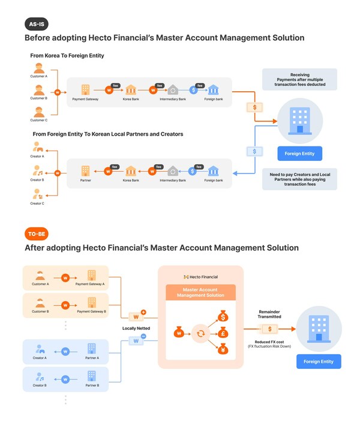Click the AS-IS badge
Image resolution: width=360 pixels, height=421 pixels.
pyautogui.click(x=37, y=24)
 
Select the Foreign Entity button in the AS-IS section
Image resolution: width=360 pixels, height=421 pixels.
pyautogui.click(x=299, y=154)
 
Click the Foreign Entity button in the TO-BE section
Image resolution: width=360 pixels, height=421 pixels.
pyautogui.click(x=319, y=362)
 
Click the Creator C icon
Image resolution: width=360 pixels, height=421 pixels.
pyautogui.click(x=38, y=193)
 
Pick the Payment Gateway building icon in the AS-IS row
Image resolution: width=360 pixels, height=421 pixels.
pyautogui.click(x=85, y=89)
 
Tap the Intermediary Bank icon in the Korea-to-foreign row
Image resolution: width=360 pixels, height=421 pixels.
pyautogui.click(x=172, y=89)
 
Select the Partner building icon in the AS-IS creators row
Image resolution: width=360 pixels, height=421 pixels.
pyautogui.click(x=85, y=171)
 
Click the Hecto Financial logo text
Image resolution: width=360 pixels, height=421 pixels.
pyautogui.click(x=200, y=277)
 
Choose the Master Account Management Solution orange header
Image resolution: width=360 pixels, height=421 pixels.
pyautogui.click(x=200, y=292)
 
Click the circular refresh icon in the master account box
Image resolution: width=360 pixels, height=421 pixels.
pyautogui.click(x=200, y=332)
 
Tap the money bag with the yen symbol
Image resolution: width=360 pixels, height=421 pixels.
pyautogui.click(x=222, y=350)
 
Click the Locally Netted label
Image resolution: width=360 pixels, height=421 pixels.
pyautogui.click(x=137, y=329)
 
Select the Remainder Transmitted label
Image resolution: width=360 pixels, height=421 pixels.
pyautogui.click(x=269, y=315)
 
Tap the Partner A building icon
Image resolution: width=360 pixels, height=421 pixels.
pyautogui.click(x=91, y=349)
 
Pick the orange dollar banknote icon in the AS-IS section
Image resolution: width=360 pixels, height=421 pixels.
pyautogui.click(x=255, y=108)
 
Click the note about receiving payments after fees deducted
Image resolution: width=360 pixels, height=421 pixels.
pyautogui.click(x=299, y=79)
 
